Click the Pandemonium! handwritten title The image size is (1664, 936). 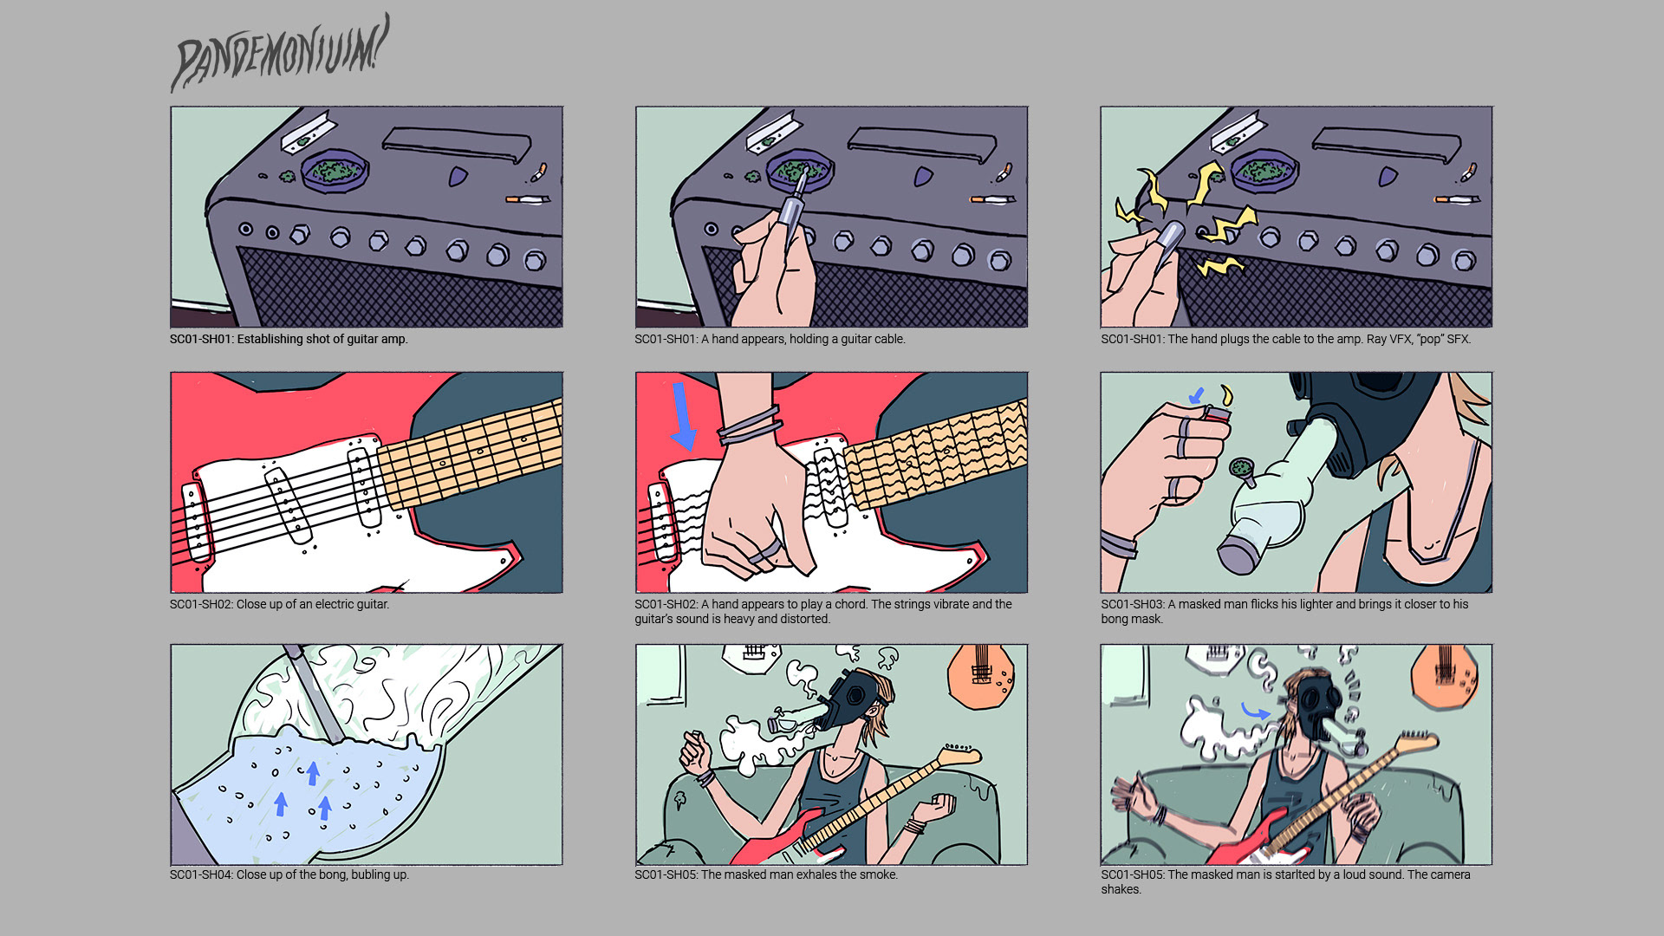279,54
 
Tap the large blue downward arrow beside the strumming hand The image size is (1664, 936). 683,417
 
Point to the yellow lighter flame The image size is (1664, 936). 1225,396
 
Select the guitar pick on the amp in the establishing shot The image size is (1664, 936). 458,177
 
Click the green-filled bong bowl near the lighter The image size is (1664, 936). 1242,469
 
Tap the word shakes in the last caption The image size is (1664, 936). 1120,889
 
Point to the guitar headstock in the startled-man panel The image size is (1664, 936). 1414,741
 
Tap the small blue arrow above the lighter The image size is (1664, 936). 1197,396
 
